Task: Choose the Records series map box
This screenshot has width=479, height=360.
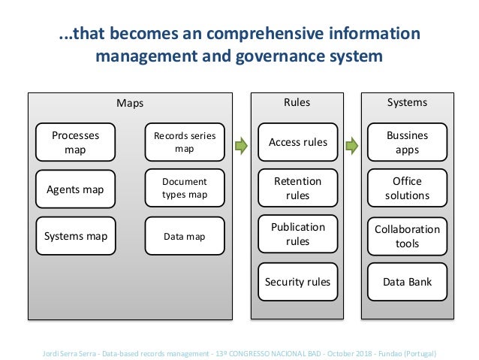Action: (184, 142)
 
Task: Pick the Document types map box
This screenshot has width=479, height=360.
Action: (184, 189)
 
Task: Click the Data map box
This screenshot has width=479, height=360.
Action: (184, 236)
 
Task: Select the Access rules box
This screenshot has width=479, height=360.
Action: (298, 142)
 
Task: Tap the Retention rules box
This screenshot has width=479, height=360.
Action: (298, 189)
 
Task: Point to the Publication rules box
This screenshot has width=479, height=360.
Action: (298, 234)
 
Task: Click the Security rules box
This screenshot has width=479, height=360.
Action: (298, 283)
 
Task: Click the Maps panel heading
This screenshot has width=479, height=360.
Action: (130, 103)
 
